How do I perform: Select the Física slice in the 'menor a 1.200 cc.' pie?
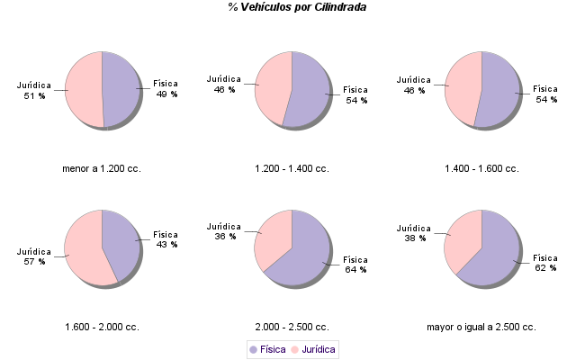[x=121, y=90]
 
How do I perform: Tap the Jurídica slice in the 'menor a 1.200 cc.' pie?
[x=84, y=90]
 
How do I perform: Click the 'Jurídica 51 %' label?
[x=34, y=91]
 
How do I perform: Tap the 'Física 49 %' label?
[x=166, y=88]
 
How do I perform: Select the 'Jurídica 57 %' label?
[x=34, y=256]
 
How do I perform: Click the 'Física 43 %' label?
[x=166, y=239]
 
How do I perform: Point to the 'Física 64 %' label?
[x=356, y=265]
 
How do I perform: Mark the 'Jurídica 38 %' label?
[x=414, y=233]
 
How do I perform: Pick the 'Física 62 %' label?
[x=546, y=263]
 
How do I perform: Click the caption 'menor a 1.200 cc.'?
[x=102, y=168]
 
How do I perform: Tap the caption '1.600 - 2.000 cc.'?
[x=102, y=327]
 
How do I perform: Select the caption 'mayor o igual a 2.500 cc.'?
[x=481, y=327]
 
